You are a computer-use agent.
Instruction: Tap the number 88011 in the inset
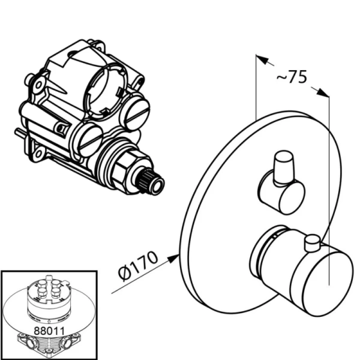coord(48,329)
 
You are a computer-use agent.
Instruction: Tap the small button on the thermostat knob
coord(311,244)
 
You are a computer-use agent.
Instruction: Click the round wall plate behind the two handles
coord(222,198)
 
